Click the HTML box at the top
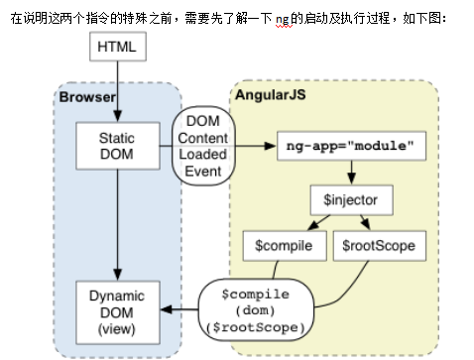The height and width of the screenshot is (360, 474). coord(119,46)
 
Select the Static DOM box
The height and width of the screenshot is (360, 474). coord(118,145)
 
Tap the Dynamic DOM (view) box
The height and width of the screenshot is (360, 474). coord(118,310)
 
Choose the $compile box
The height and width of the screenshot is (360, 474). coord(281,245)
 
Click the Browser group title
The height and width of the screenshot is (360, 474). coord(86,96)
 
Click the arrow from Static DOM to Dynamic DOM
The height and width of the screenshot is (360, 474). coord(119,223)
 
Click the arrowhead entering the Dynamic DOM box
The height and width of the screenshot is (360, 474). coord(165,310)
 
